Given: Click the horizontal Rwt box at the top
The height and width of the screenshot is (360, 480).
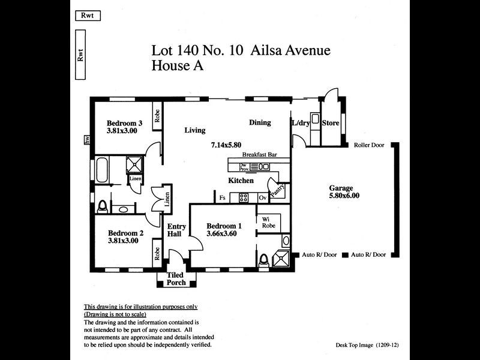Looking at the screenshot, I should coord(88,16).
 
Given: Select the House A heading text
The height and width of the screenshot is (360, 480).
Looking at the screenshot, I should coord(178,66).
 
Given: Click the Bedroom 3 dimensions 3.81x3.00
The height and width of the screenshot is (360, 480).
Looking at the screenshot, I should coord(122,130).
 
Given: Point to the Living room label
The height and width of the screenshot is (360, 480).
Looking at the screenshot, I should coord(195,130).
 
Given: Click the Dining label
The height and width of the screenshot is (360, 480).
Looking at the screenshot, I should coord(260,122).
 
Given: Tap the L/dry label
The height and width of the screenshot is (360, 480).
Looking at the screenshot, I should coord(301,123).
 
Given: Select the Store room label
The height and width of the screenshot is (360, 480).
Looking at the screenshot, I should coord(331,123).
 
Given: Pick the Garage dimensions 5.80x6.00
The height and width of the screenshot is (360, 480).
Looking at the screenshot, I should coord(344,196).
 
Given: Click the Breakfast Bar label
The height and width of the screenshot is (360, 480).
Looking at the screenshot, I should coord(259,155).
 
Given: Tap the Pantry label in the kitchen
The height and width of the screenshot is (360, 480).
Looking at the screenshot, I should coord(277,190).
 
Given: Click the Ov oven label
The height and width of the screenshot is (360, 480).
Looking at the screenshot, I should coord(262,197).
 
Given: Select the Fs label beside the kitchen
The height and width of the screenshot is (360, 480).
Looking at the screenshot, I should coord(222,197).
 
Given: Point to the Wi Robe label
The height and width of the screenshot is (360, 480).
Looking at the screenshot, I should coord(268,222).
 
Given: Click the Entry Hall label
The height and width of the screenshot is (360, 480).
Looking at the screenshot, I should coord(177,230).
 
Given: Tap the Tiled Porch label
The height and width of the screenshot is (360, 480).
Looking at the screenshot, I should coord(176,279).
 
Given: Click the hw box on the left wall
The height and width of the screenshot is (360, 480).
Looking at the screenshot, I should coord(87,140).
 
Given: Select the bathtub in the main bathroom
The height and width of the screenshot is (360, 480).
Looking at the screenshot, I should coord(102,170).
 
